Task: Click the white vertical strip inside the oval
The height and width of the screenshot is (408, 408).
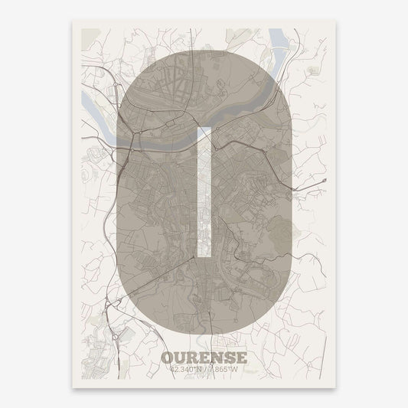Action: coord(204,191)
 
